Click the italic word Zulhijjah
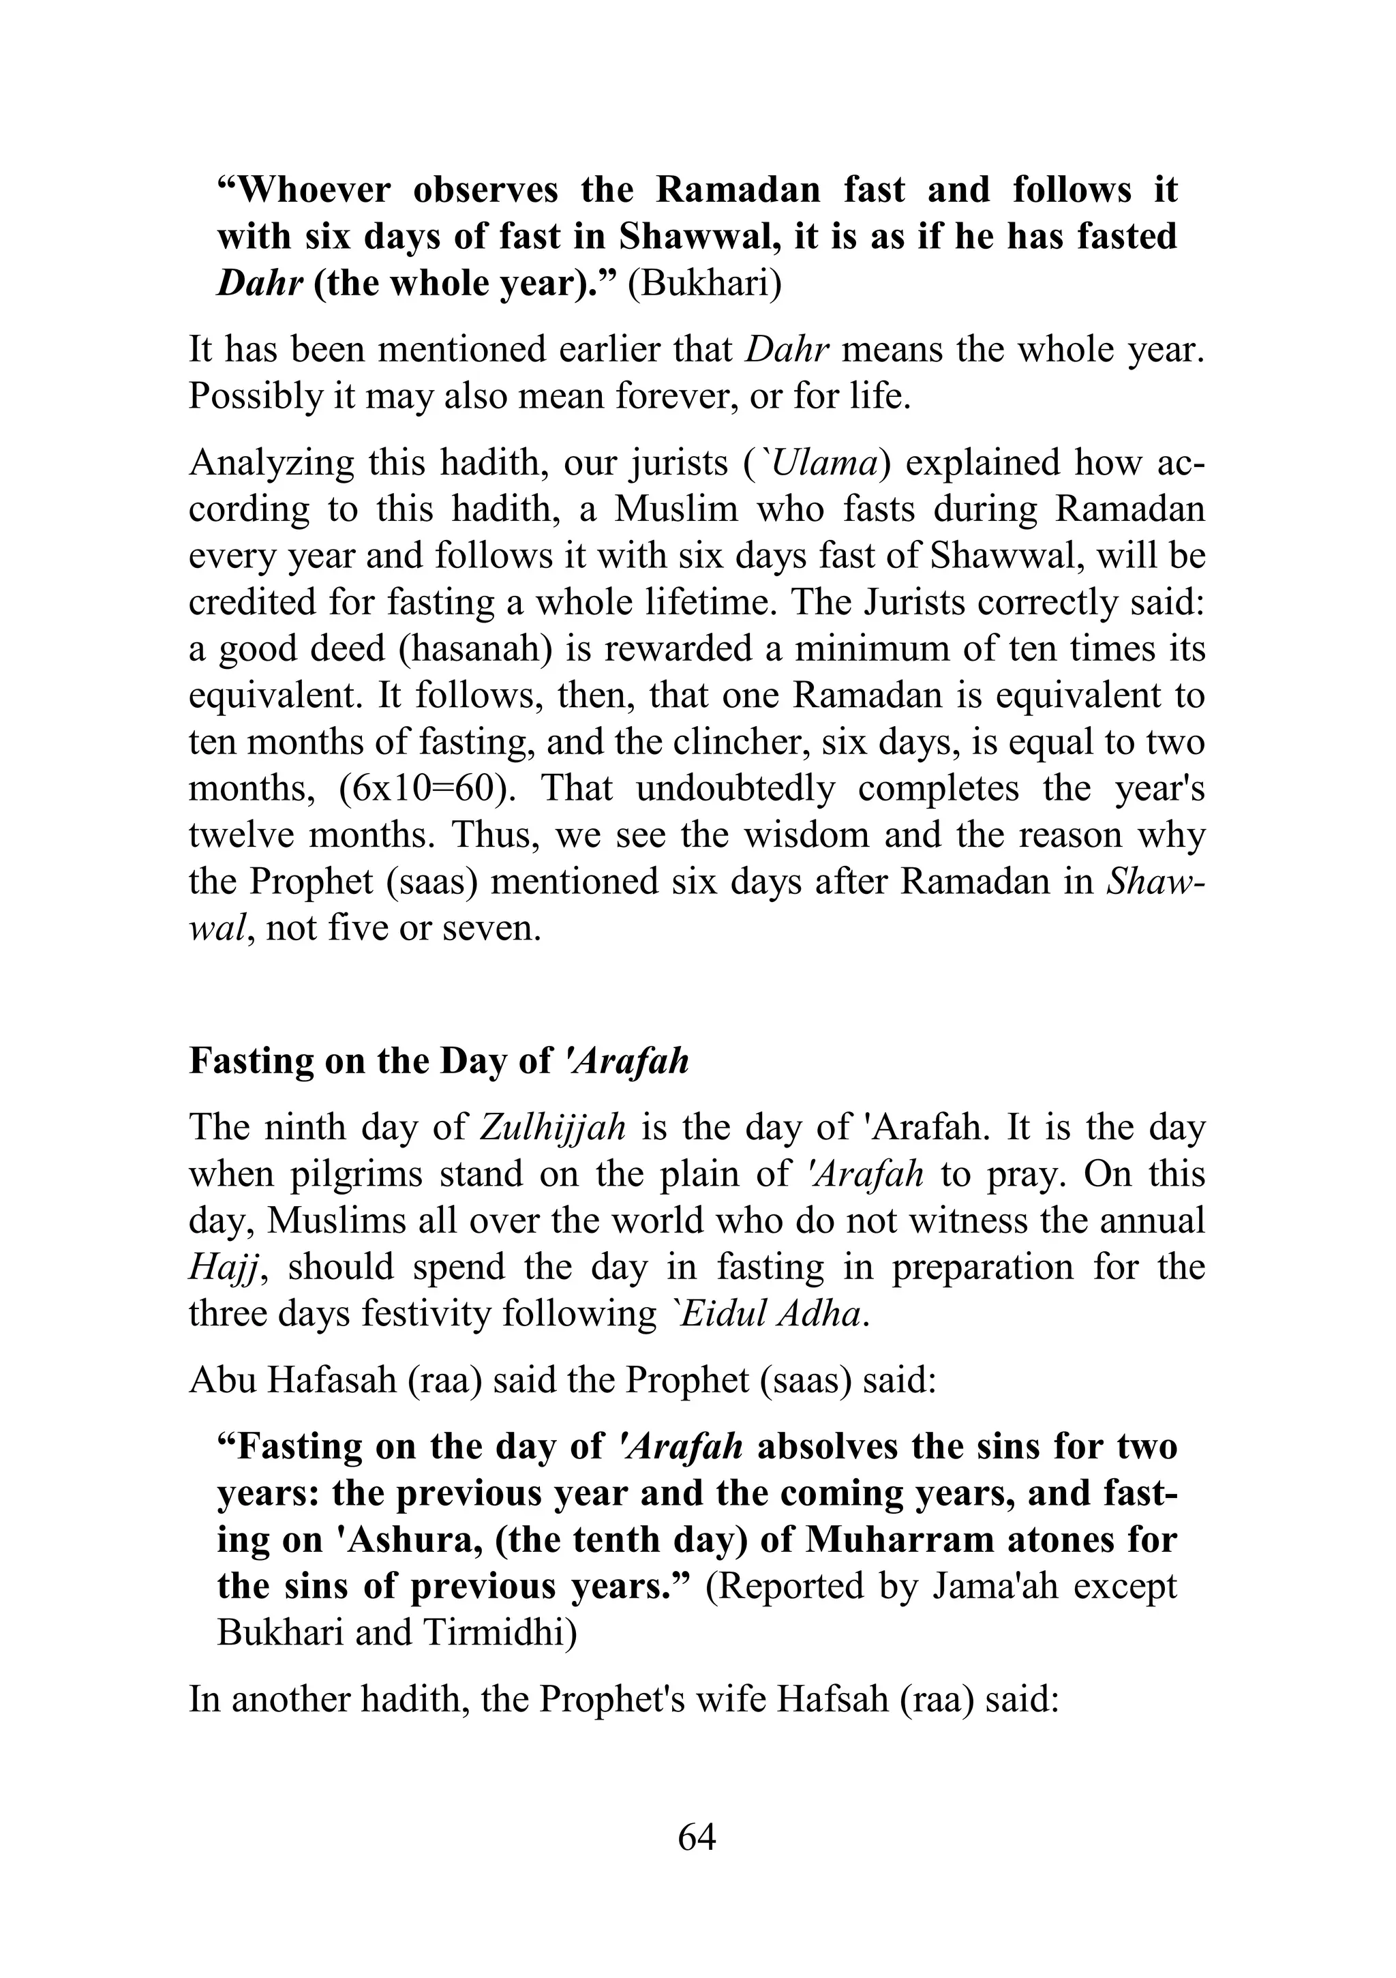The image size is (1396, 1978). (551, 1127)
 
